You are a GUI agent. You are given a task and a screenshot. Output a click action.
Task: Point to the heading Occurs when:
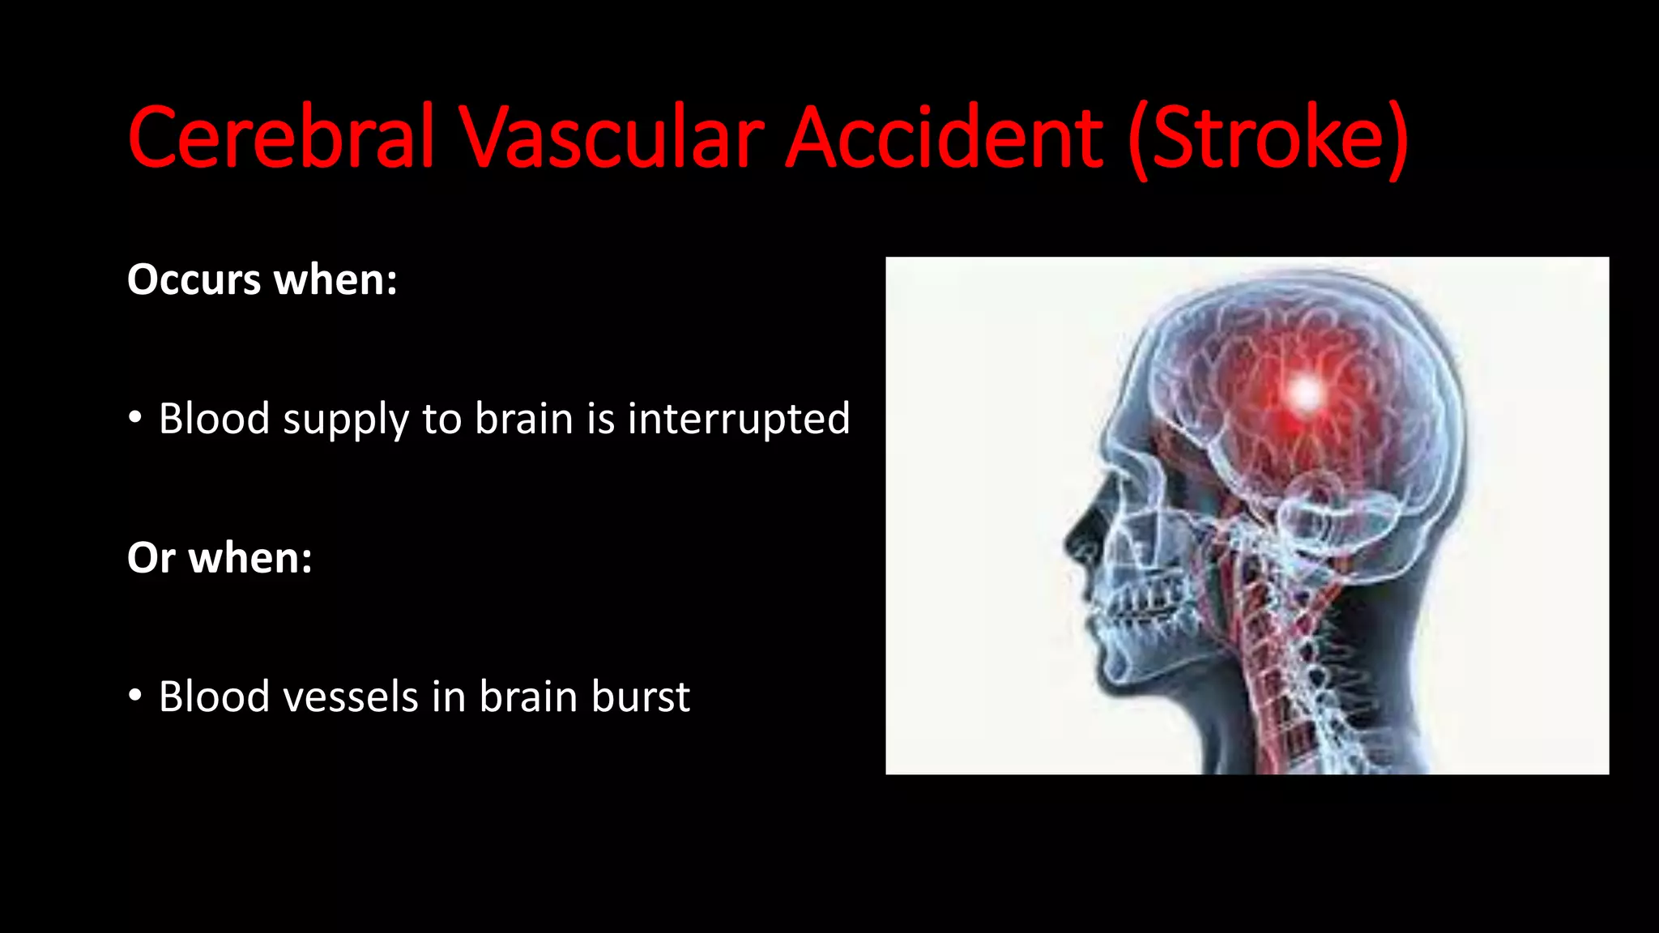262,280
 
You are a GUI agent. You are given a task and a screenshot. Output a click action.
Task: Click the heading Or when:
220,558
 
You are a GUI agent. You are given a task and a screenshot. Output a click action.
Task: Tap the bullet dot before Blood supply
135,418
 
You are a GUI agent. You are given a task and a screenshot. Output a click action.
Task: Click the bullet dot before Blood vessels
135,696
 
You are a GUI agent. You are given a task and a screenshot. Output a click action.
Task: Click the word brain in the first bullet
523,419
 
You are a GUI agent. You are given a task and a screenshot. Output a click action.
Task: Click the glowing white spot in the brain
1305,394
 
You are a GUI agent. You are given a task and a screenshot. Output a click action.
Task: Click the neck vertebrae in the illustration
1288,648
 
